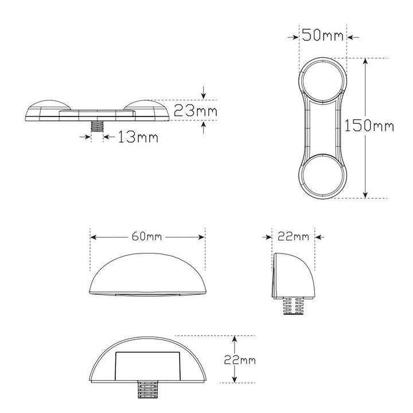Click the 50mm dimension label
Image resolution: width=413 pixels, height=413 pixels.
point(322,35)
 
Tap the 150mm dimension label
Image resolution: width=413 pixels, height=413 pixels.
point(369,126)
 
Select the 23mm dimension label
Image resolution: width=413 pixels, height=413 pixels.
point(196,110)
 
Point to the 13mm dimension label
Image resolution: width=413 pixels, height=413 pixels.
point(138,137)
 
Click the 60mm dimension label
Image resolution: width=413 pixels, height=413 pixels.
point(146,237)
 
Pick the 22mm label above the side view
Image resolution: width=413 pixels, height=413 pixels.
point(293,237)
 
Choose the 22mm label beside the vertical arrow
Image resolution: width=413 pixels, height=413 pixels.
point(240,360)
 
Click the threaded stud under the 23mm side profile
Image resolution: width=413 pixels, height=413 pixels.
point(97,127)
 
